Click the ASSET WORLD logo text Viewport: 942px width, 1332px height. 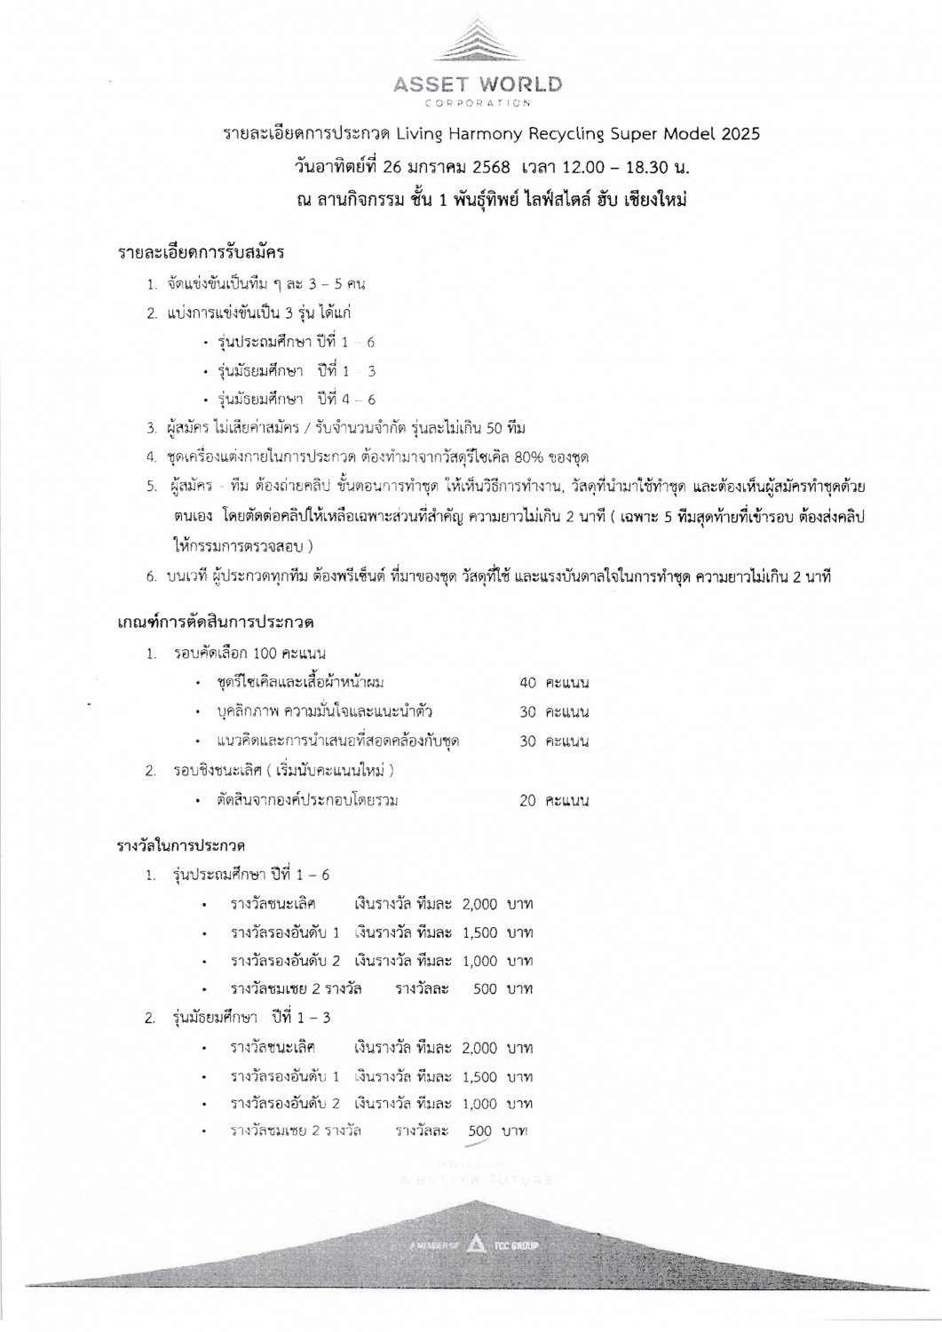[x=478, y=85]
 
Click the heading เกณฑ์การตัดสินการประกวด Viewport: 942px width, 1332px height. [x=217, y=620]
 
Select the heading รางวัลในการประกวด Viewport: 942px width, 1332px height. [x=182, y=844]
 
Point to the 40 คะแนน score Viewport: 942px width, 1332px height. [x=554, y=683]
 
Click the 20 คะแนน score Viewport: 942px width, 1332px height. [x=554, y=800]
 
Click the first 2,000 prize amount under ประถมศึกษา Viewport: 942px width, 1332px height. [x=480, y=905]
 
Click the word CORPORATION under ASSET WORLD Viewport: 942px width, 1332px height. [x=478, y=103]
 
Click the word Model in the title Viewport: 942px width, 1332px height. [x=685, y=135]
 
